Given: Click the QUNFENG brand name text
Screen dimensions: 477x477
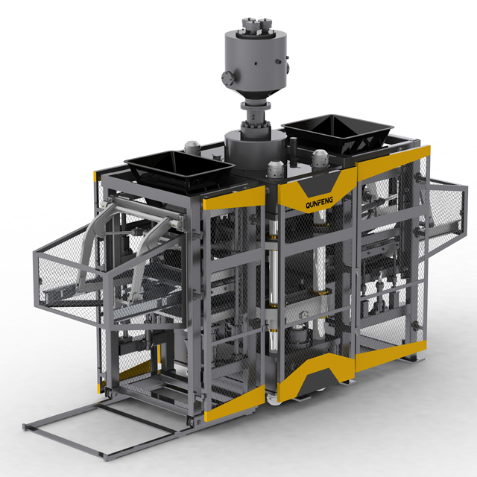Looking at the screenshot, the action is (x=319, y=202).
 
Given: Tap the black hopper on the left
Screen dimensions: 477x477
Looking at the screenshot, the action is (x=179, y=171).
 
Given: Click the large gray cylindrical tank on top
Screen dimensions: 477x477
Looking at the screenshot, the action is (x=256, y=61).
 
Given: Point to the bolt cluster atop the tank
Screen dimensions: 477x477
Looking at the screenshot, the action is (x=256, y=25).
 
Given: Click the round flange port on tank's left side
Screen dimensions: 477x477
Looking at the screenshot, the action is (x=227, y=78).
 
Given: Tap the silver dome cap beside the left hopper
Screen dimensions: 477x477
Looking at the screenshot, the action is (x=192, y=148).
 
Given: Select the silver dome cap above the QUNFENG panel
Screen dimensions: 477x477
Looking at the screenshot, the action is (x=276, y=169).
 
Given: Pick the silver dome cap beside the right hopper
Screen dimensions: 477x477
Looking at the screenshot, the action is (x=320, y=158).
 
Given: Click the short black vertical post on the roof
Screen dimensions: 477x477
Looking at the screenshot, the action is (x=293, y=151).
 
